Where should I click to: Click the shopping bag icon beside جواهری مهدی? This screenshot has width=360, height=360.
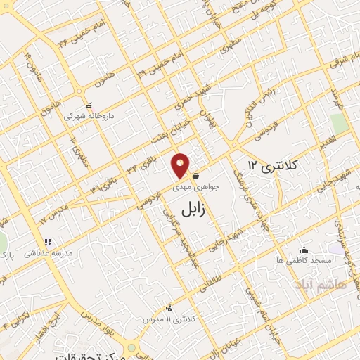tap(195, 176)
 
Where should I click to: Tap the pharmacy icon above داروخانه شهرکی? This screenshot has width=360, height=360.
tap(88, 104)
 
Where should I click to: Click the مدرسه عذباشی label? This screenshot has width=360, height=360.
tap(49, 251)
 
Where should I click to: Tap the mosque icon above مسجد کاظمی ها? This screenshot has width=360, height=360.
tap(304, 249)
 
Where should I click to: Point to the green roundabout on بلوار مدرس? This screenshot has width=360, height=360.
tap(131, 348)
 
